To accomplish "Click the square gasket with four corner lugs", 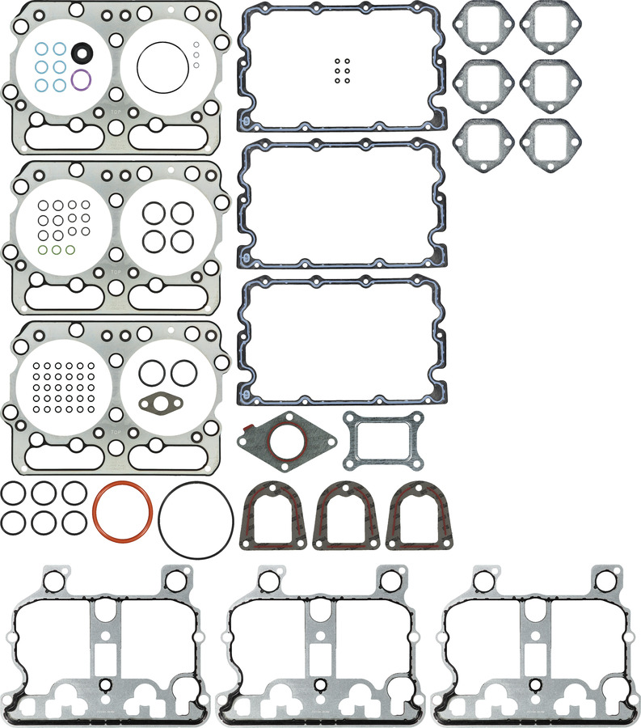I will [x=383, y=439].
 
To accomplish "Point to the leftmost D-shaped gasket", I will [x=273, y=514].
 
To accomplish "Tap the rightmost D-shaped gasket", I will [x=420, y=514].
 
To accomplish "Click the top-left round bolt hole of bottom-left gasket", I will [x=54, y=581].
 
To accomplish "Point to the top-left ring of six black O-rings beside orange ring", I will [x=12, y=493].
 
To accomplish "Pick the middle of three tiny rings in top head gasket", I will [x=196, y=53].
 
